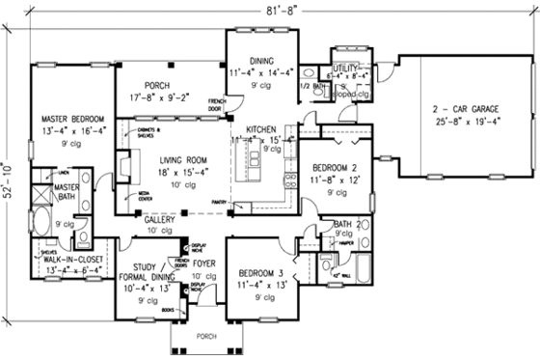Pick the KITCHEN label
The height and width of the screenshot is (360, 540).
coord(261,128)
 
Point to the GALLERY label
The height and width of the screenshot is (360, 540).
coord(160,220)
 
